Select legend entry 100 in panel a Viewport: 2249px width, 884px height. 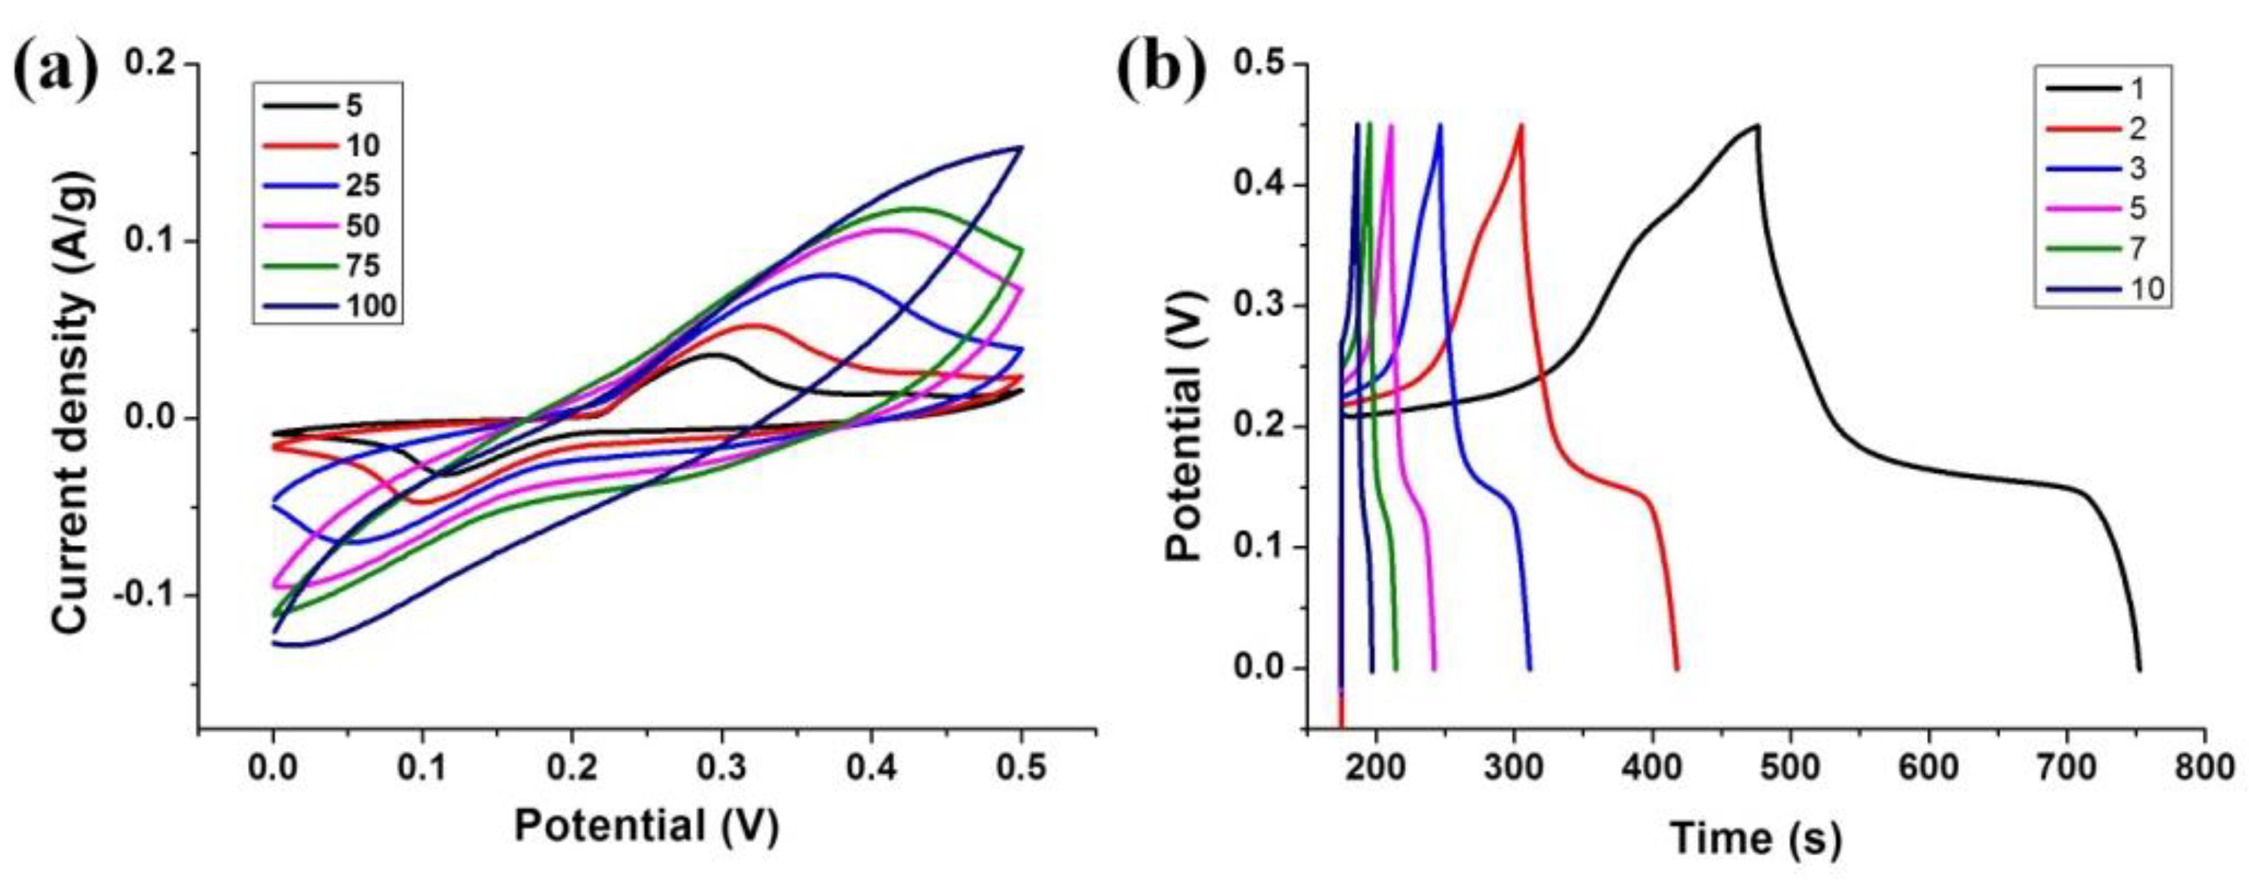(x=372, y=305)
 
